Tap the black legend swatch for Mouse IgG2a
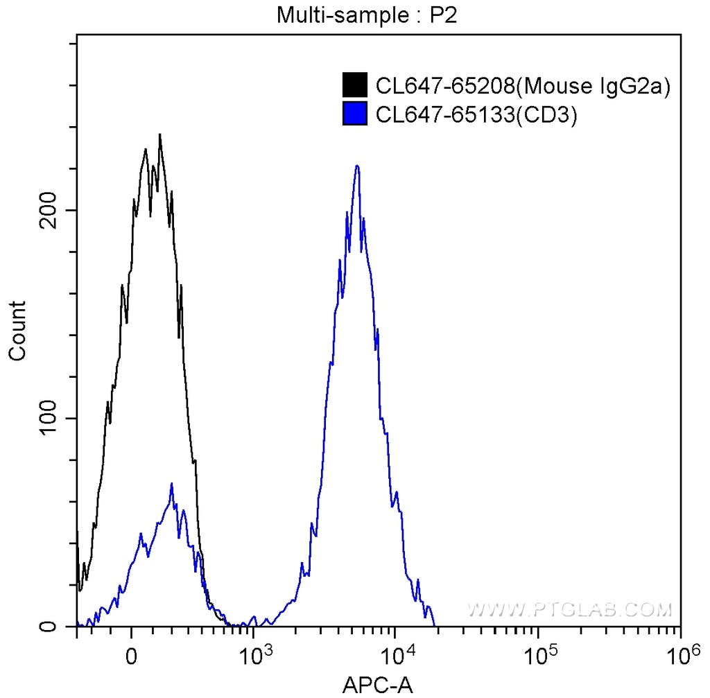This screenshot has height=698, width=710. (354, 85)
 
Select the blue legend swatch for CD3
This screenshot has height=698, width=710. (354, 114)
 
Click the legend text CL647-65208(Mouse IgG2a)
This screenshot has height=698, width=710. (523, 86)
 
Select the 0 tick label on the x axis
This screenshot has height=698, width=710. (131, 655)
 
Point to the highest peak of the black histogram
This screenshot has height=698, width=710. (160, 136)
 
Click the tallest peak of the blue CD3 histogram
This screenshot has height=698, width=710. (357, 166)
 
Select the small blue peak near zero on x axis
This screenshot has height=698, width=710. (171, 485)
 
